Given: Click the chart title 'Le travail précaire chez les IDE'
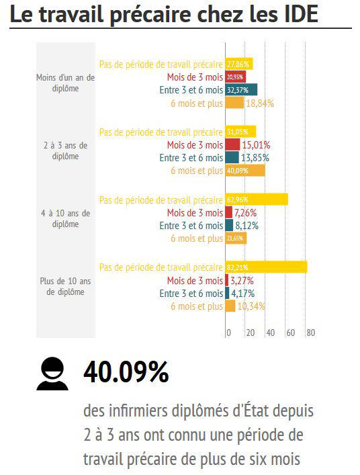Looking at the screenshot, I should coord(164,14).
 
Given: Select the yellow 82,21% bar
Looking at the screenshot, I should coord(266,267).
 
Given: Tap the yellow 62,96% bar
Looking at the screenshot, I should coord(256,200).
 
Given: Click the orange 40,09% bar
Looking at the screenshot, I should coord(245,171).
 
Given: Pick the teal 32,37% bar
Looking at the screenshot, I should coord(241,89).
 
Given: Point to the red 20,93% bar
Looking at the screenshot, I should coord(236,77).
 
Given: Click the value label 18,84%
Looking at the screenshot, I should coord(260,103).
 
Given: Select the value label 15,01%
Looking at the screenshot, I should coord(256,144).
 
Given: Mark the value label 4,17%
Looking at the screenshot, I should coord(244,294).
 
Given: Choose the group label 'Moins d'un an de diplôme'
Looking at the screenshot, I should coord(65,83).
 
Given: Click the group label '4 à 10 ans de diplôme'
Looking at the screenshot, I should coord(65,218).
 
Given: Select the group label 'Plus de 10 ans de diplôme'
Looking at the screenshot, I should coord(65,286).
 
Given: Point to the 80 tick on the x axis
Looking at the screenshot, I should coord(310,333).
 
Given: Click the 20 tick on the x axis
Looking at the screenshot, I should coord(250,333).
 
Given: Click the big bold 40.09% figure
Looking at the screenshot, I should coord(126,372).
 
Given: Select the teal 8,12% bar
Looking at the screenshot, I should coord(229,225).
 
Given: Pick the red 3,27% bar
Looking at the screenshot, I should coord(227,280).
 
